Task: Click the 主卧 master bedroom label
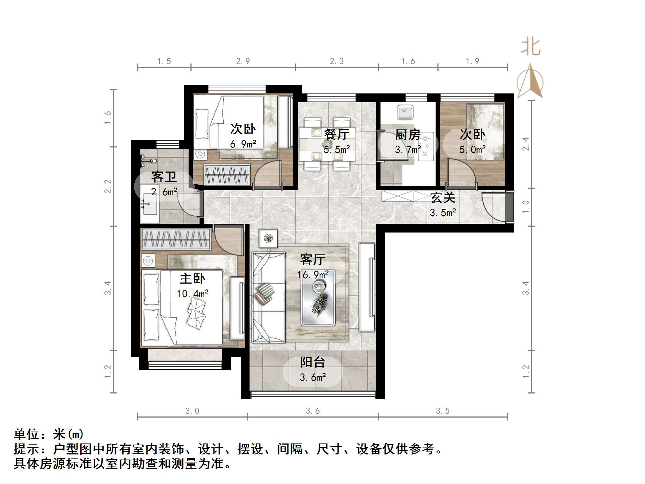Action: pyautogui.click(x=192, y=279)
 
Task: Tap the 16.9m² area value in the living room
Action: pyautogui.click(x=313, y=274)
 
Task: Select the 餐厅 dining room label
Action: pyautogui.click(x=336, y=134)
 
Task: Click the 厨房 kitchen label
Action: pyautogui.click(x=408, y=135)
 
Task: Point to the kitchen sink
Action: pyautogui.click(x=405, y=112)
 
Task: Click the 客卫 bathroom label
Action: pyautogui.click(x=164, y=177)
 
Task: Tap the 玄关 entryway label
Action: pyautogui.click(x=443, y=198)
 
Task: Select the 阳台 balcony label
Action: pyautogui.click(x=313, y=362)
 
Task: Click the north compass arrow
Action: pyautogui.click(x=530, y=81)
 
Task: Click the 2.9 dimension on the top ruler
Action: pyautogui.click(x=243, y=61)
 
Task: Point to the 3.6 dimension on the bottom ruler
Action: pyautogui.click(x=313, y=411)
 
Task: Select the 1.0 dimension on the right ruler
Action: pyautogui.click(x=526, y=207)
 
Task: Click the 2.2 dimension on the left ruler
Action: pyautogui.click(x=108, y=186)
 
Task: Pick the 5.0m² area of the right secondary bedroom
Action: pyautogui.click(x=472, y=150)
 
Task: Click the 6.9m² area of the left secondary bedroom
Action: pyautogui.click(x=243, y=144)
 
